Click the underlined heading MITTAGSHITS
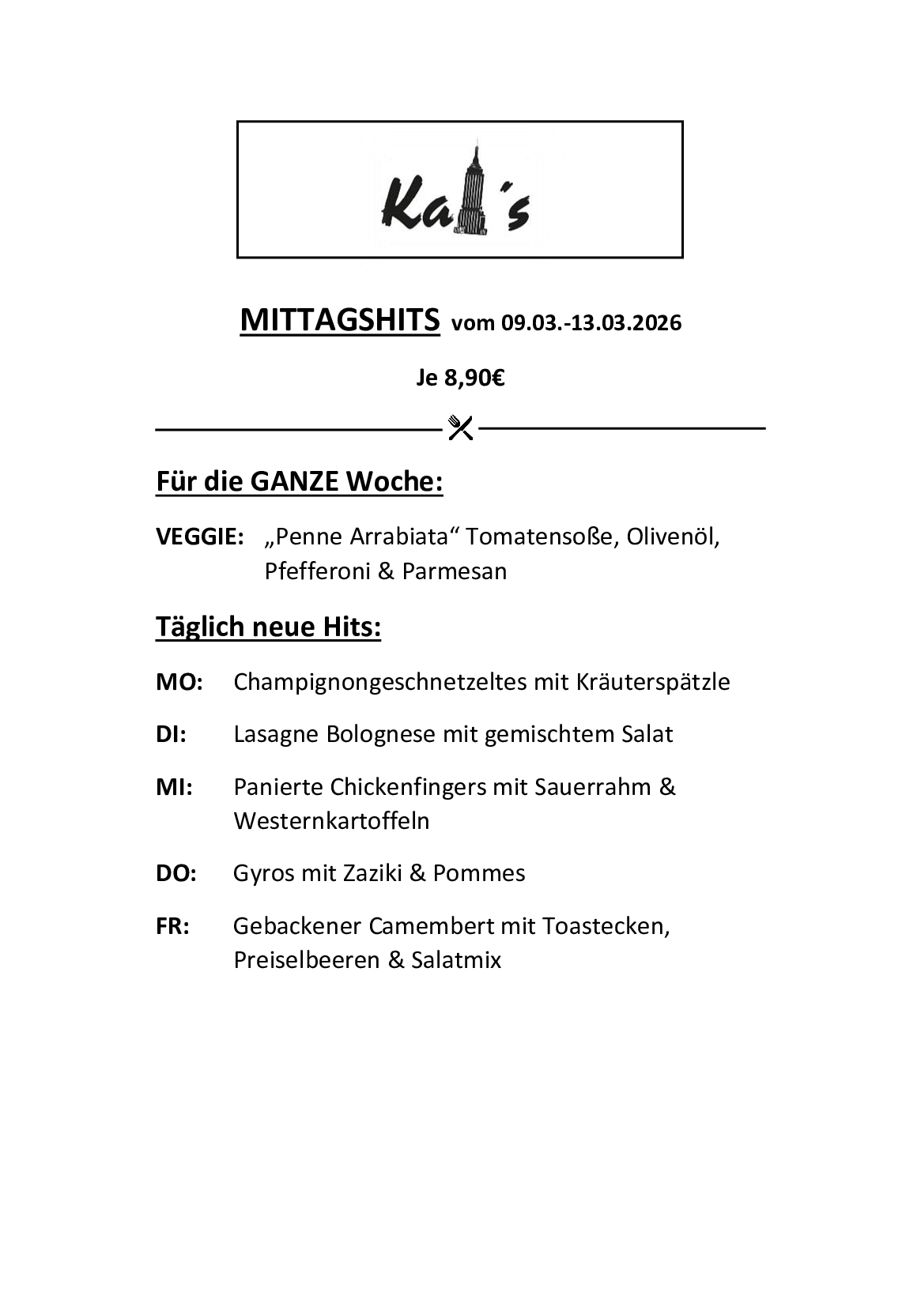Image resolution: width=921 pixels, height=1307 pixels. coord(339,320)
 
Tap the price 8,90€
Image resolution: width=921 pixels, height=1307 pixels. coord(474,379)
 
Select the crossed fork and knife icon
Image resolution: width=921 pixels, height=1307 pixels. coord(460,428)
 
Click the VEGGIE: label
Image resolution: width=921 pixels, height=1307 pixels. coord(199,537)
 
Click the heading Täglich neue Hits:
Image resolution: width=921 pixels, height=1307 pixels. coord(268,627)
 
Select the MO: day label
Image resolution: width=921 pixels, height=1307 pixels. coord(179,682)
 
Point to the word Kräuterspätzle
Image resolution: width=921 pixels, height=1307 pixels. coord(653,682)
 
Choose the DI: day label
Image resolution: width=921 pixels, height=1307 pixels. coord(171,734)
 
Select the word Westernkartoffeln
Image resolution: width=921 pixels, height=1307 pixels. coord(331,821)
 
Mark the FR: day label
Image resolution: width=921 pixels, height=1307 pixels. coord(172,926)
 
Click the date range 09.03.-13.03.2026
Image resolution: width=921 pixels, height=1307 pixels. coord(591,323)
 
